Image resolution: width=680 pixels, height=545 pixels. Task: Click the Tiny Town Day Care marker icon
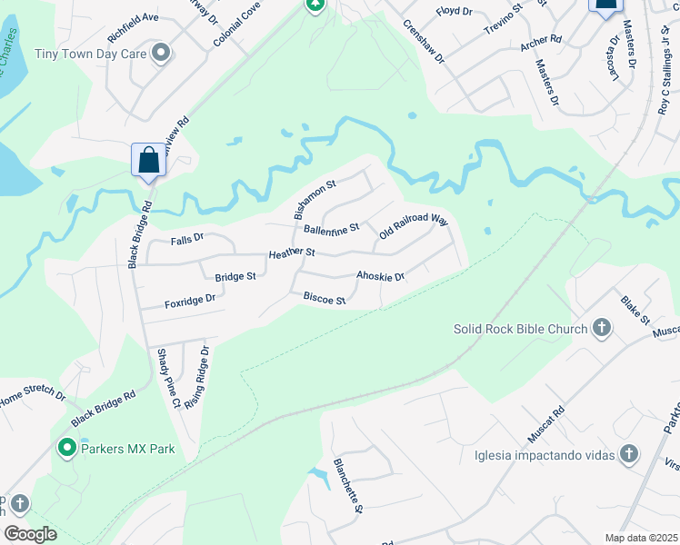click(161, 54)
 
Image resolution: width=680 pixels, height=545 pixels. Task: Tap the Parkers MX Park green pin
click(66, 448)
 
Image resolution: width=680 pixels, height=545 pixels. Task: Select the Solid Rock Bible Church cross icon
click(601, 328)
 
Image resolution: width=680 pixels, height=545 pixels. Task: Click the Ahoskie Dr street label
click(380, 276)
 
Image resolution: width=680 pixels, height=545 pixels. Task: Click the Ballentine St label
click(332, 229)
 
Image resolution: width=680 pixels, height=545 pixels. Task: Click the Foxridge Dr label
click(189, 299)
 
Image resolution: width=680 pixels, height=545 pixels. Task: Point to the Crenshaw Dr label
click(423, 41)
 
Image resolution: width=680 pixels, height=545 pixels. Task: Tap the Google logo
click(30, 534)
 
